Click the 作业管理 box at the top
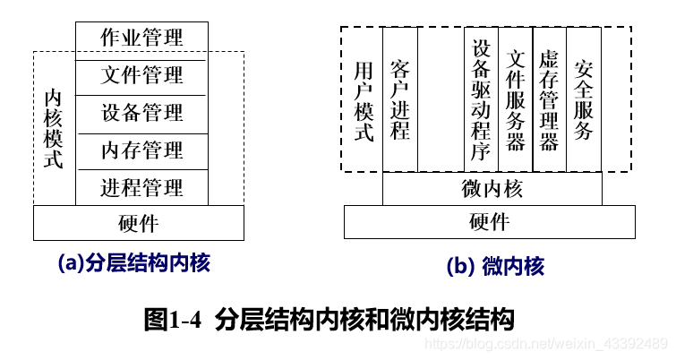[141, 38]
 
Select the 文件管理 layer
[141, 75]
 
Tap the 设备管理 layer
[141, 113]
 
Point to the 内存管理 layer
[141, 150]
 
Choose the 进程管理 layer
[141, 187]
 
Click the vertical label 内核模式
[54, 131]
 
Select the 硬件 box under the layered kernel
[139, 223]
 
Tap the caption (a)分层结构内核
[134, 263]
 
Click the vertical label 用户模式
[363, 101]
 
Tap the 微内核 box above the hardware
[492, 189]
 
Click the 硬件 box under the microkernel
[490, 222]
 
